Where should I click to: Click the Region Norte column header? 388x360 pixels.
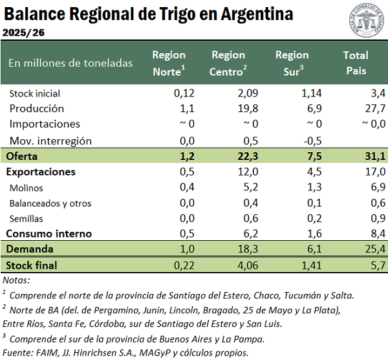click(x=169, y=63)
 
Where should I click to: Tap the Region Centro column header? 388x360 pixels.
click(x=228, y=63)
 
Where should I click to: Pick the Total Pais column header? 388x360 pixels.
click(x=356, y=63)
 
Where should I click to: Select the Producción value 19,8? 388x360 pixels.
click(x=237, y=109)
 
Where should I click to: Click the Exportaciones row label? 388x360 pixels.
click(x=41, y=172)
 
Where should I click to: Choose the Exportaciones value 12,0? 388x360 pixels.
click(x=237, y=172)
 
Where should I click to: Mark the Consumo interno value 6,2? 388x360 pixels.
click(x=240, y=233)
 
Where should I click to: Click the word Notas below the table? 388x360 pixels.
click(x=16, y=280)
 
